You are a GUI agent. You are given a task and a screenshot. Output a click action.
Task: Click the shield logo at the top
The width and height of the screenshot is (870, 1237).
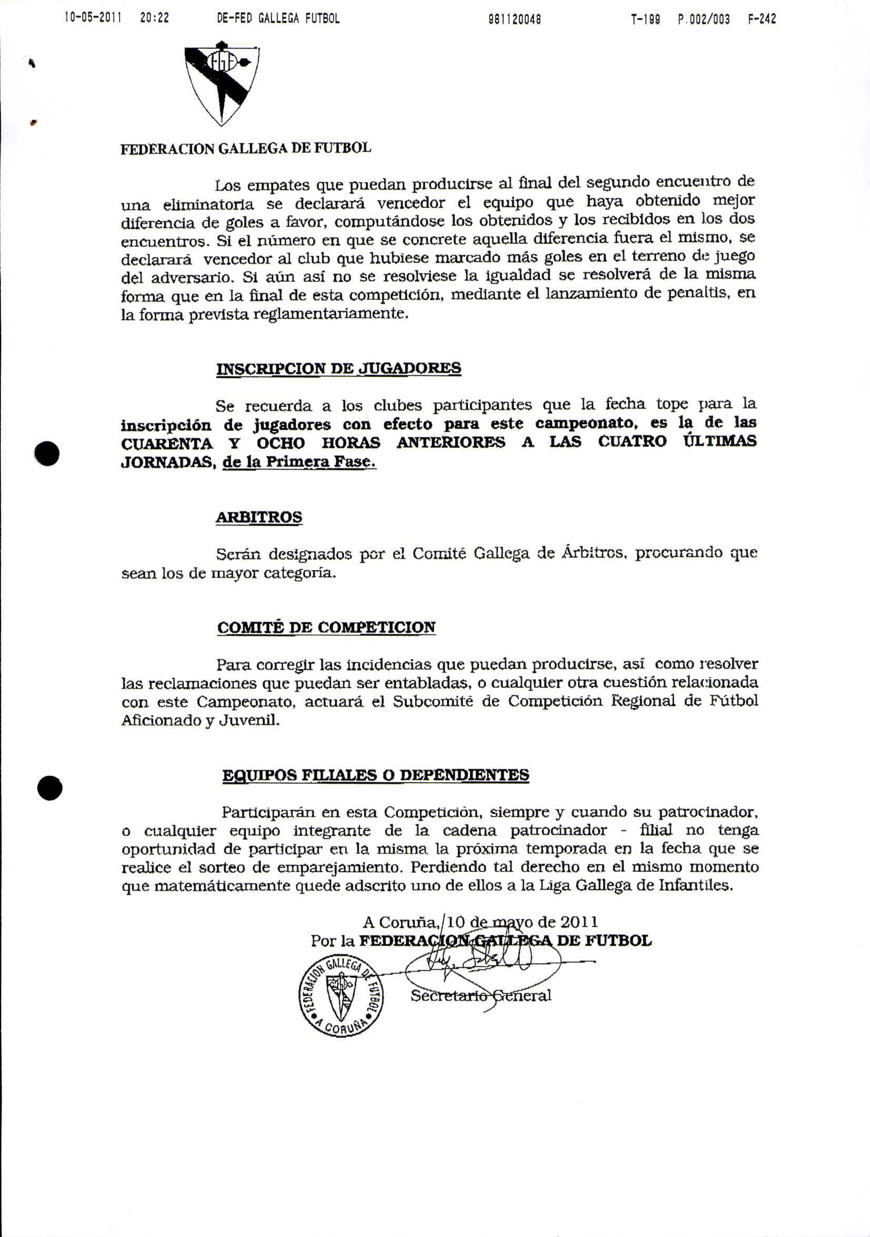(x=221, y=84)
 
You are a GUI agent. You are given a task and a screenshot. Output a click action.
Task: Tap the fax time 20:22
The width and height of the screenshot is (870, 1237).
(x=155, y=18)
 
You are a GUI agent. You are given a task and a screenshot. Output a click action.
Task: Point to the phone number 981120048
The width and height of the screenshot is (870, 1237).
(x=515, y=19)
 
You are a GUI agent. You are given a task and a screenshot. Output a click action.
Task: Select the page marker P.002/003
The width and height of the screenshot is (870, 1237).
(x=704, y=19)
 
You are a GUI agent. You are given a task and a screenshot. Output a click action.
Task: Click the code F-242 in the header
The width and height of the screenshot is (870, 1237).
(x=762, y=19)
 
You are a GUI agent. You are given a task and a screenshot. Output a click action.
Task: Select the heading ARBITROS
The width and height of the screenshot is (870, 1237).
(x=259, y=517)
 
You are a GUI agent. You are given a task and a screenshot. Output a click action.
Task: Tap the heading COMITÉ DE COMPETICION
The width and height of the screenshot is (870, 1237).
(x=327, y=627)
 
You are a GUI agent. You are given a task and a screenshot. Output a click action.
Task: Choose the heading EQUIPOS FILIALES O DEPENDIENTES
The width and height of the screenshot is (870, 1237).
(x=375, y=775)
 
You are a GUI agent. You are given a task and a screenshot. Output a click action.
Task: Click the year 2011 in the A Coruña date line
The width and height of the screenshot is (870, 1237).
(x=579, y=922)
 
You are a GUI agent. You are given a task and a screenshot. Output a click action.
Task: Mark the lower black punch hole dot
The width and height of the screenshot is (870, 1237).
(x=50, y=788)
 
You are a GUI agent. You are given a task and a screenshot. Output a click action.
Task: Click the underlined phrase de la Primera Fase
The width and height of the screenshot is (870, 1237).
(x=299, y=462)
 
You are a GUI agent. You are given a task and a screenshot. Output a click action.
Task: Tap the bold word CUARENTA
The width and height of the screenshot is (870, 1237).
(x=167, y=444)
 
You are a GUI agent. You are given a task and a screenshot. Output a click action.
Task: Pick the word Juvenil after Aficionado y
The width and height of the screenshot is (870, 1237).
(x=249, y=721)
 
